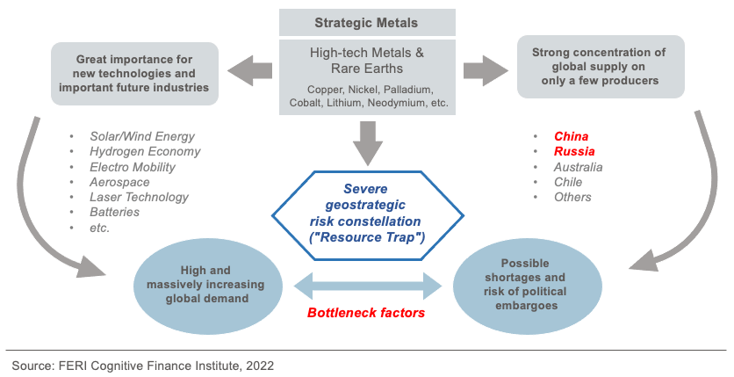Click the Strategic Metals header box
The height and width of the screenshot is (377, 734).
367,22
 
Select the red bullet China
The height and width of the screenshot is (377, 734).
571,136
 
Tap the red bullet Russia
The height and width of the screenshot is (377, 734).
574,151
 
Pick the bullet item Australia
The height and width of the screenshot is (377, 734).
578,167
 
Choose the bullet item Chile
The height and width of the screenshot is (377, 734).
568,182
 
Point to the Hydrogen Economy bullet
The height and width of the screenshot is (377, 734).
145,151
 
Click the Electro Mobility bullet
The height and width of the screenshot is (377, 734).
133,167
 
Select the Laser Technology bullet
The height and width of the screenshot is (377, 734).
139,197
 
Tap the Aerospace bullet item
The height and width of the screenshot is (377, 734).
120,182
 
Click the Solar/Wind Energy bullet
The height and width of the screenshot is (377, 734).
142,136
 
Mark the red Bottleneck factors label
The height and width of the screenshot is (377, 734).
366,313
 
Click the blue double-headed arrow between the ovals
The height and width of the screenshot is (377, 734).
366,285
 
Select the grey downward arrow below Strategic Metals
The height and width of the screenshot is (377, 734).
367,139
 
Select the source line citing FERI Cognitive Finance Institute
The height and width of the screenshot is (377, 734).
149,362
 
